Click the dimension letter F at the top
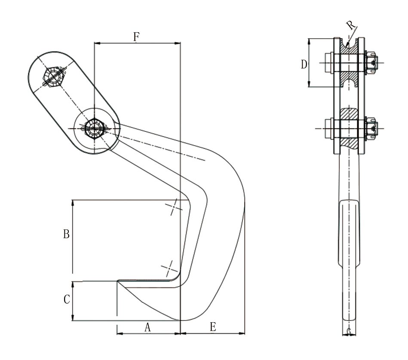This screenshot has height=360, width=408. (136, 37)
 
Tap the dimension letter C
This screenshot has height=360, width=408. (67, 300)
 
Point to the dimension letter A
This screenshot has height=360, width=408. (147, 327)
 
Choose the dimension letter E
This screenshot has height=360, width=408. (213, 327)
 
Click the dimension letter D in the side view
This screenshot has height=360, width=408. (304, 64)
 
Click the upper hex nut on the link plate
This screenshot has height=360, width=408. (53, 76)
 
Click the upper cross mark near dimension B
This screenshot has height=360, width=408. (174, 207)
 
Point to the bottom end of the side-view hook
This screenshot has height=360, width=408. (349, 331)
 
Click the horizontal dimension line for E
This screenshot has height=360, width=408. (212, 333)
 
